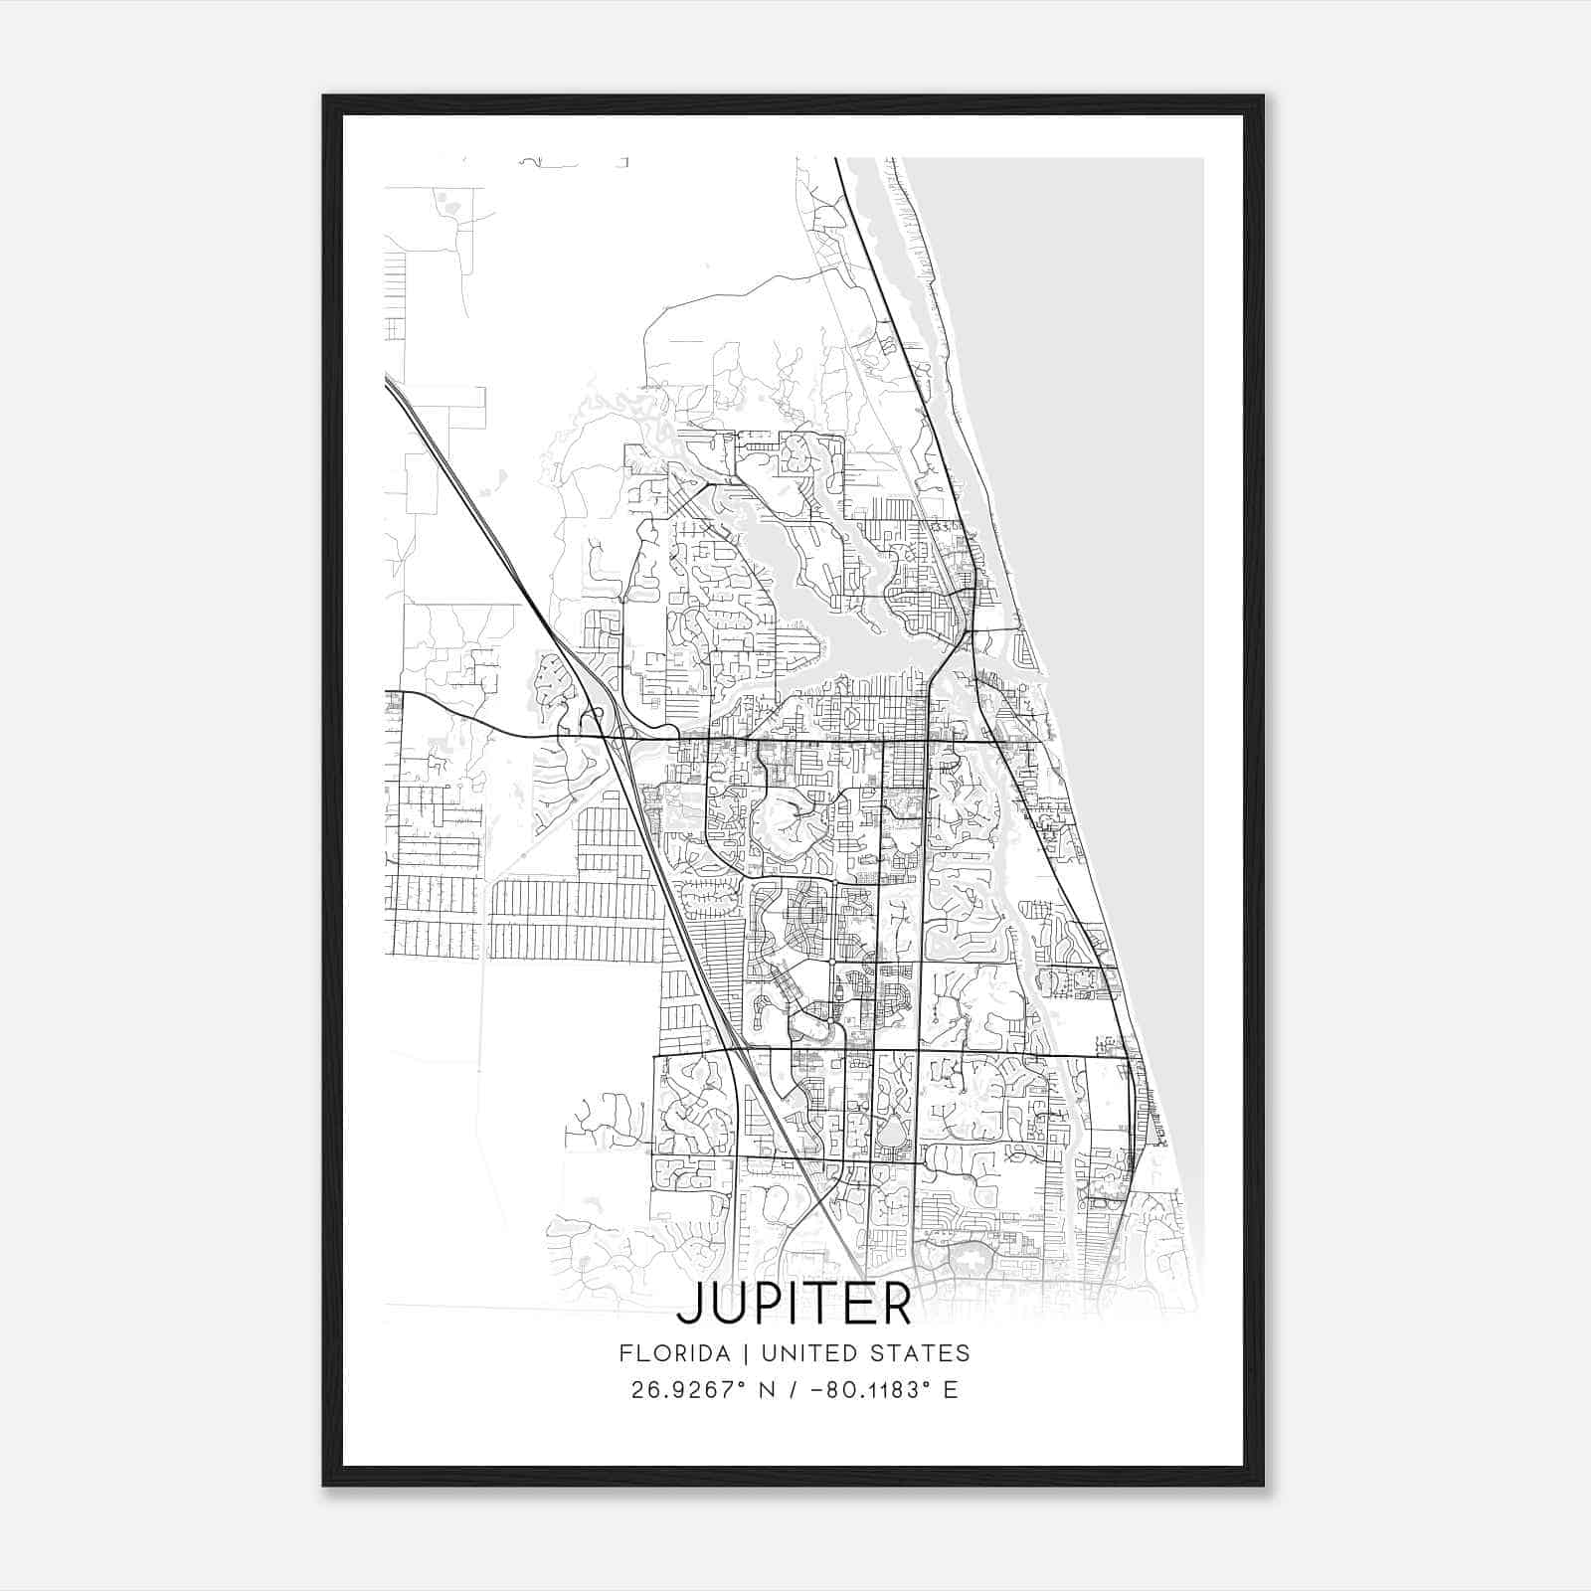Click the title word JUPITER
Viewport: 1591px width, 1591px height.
tap(794, 1306)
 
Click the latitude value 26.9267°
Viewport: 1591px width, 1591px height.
tap(689, 1390)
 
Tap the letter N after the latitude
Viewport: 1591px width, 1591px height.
tap(767, 1390)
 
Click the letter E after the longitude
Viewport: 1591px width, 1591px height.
tap(952, 1390)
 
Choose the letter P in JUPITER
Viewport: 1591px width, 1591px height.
tap(766, 1306)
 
